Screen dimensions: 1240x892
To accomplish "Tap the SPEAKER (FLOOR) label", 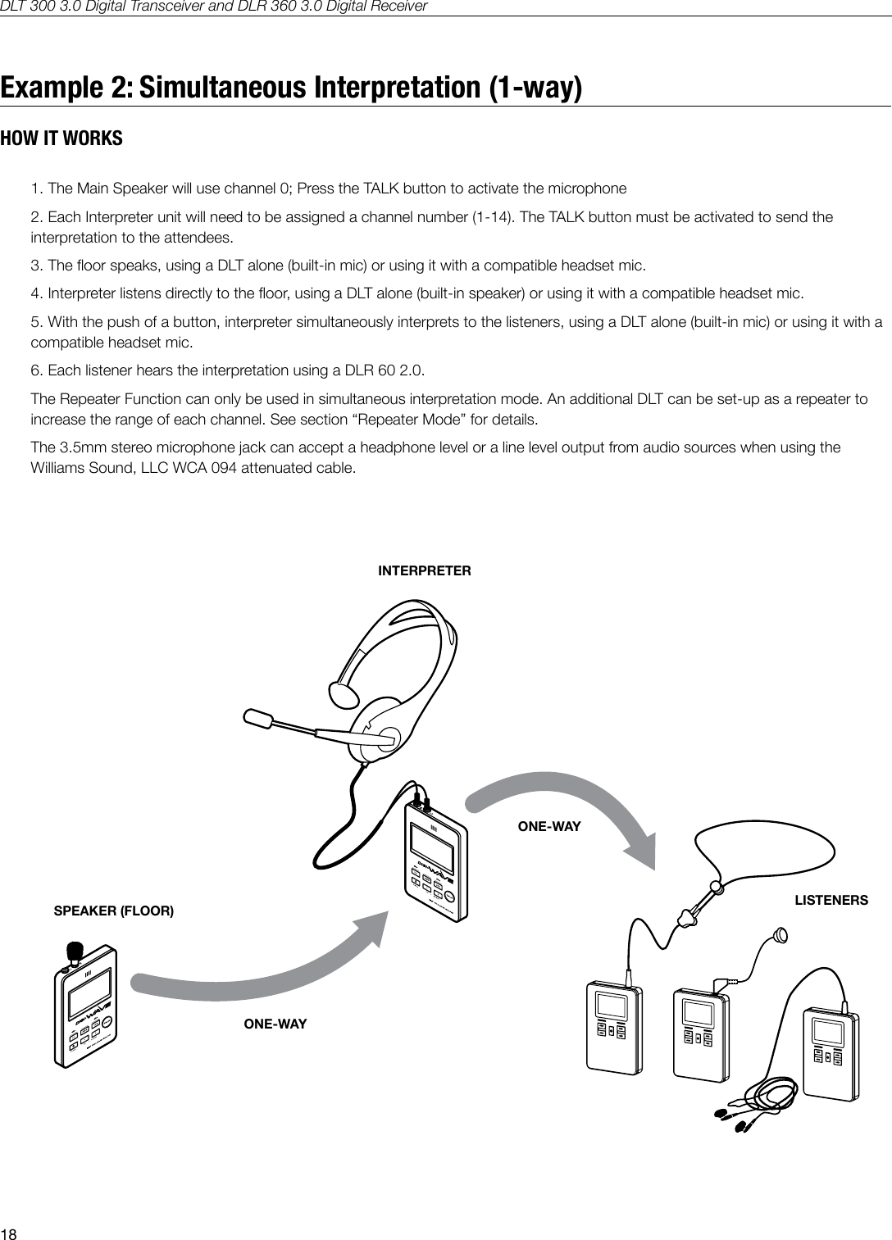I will point(113,911).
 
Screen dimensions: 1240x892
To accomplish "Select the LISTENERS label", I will point(831,900).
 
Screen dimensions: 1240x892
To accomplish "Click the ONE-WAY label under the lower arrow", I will point(275,1024).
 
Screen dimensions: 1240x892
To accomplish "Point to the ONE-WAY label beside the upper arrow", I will point(549,827).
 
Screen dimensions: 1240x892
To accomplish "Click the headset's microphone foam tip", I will point(258,719).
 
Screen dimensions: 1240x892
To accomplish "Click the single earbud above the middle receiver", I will point(780,934).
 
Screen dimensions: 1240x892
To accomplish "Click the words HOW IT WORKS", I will point(61,139).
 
